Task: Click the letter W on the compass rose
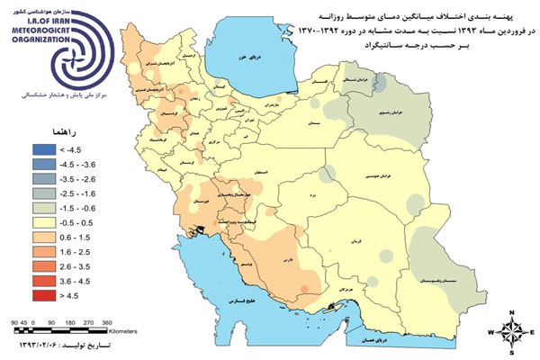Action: tap(490, 334)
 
